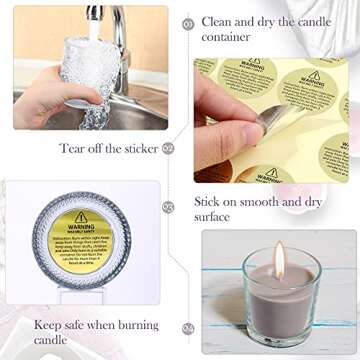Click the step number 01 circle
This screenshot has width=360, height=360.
coord(188,22)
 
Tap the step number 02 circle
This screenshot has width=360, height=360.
coord(168,148)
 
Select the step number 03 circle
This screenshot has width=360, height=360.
coord(168,206)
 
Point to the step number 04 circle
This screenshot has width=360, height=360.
coord(188,327)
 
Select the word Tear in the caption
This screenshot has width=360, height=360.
coord(71,149)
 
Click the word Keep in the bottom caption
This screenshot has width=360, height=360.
coord(47,325)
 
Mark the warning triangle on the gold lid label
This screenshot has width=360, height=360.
coord(81,217)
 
